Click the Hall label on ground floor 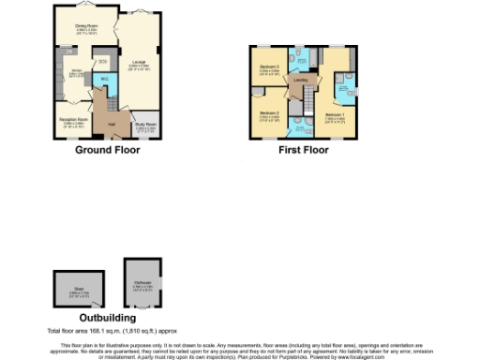[x=111, y=124]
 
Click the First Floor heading [x=304, y=150]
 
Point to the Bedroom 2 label [x=270, y=113]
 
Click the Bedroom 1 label [x=336, y=115]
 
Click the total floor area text [x=113, y=331]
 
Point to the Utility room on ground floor [x=102, y=64]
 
